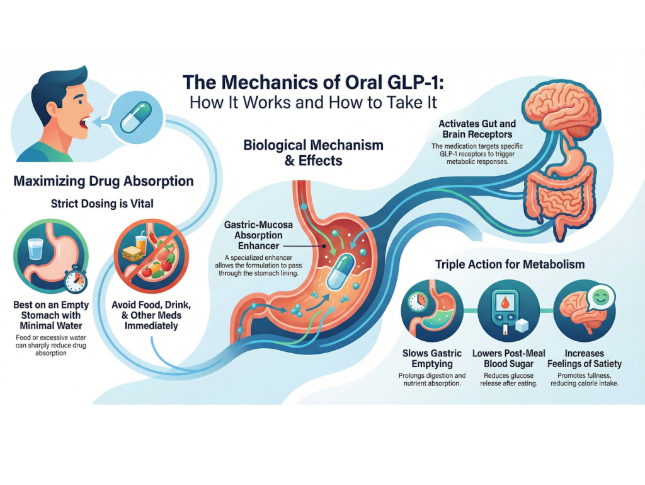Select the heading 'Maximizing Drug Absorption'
pos(103,182)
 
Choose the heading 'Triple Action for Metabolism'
pos(510,264)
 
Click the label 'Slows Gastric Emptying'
pos(431,358)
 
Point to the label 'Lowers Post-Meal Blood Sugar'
pos(509,358)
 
